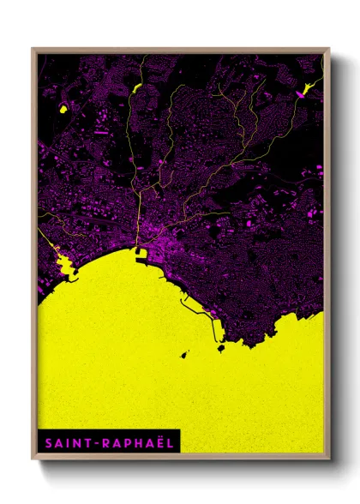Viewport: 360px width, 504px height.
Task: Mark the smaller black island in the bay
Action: [183, 353]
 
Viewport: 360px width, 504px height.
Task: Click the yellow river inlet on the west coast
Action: [62, 262]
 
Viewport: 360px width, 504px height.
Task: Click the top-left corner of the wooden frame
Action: [33, 49]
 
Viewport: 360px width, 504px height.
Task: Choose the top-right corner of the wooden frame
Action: [328, 49]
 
